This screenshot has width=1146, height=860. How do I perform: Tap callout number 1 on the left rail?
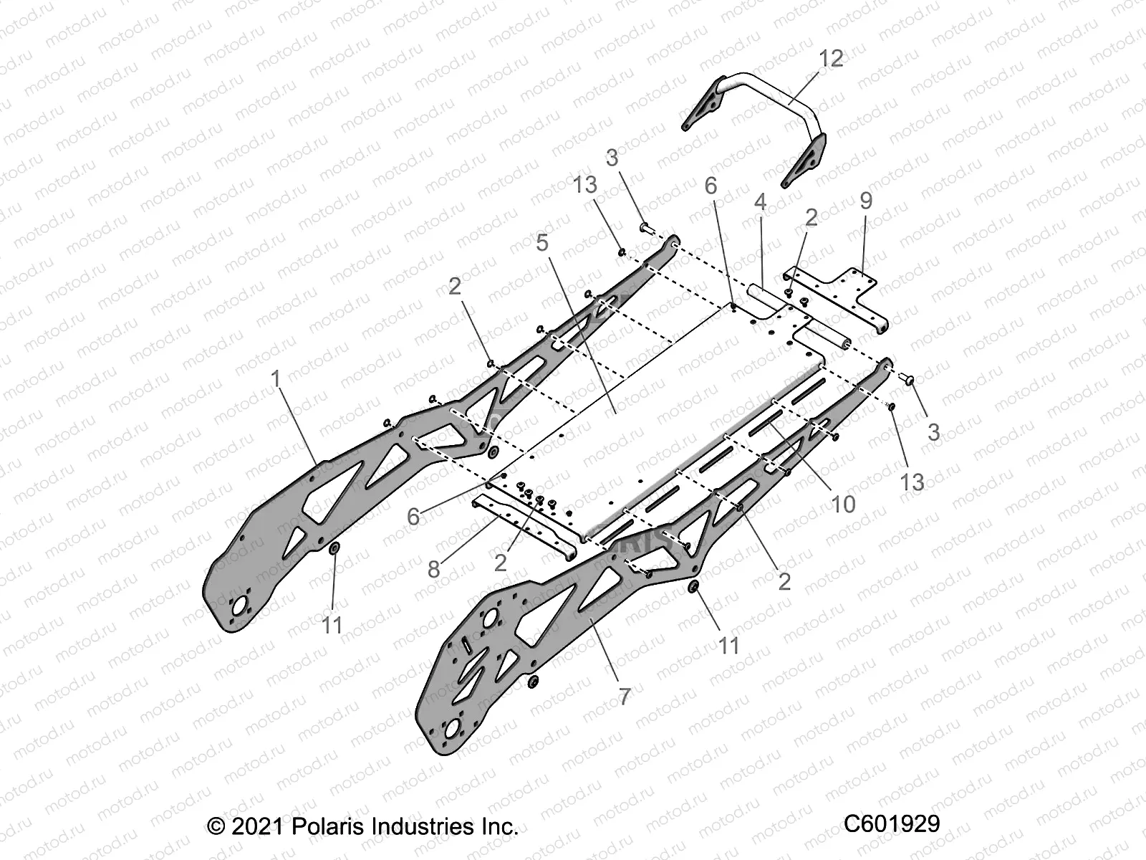(277, 379)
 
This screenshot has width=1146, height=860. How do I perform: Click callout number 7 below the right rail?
(624, 695)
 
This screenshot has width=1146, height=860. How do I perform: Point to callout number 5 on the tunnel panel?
(542, 243)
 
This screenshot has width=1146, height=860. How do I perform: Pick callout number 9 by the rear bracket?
(866, 201)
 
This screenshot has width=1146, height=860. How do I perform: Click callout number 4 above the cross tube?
(760, 202)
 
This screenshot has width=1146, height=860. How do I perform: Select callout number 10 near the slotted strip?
(843, 504)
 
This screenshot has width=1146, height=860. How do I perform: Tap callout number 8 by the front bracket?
(434, 569)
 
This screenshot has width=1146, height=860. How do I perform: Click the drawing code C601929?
(891, 824)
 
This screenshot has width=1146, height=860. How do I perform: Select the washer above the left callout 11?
(334, 549)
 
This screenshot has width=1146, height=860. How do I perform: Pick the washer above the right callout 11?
(693, 588)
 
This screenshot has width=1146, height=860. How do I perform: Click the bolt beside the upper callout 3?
(643, 227)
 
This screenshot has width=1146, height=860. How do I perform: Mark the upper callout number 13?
(584, 184)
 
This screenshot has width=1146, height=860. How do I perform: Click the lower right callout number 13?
(912, 481)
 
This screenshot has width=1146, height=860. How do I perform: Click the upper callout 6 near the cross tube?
(711, 186)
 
